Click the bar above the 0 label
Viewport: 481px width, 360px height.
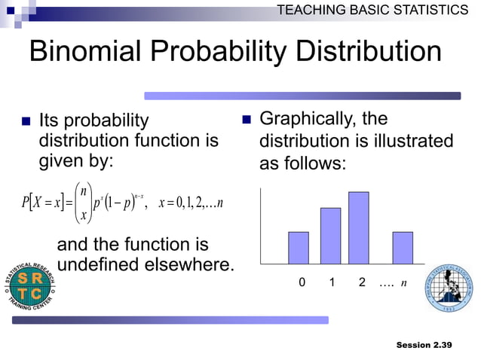tap(299, 248)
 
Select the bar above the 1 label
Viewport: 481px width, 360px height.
tap(330, 236)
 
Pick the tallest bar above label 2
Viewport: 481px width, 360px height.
tap(358, 227)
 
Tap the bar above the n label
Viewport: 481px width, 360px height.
tap(403, 248)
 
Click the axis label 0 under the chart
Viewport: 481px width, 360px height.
tap(302, 283)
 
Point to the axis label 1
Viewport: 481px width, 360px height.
tap(332, 283)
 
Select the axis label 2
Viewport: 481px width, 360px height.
tap(362, 283)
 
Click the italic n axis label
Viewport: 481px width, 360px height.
tap(404, 283)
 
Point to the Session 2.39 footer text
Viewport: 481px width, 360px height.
tap(424, 345)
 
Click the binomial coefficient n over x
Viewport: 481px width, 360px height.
tap(84, 201)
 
